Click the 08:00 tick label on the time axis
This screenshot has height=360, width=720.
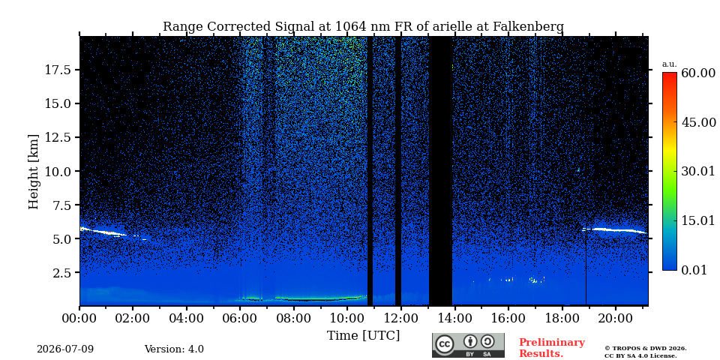coord(294,318)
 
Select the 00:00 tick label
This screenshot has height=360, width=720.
coord(80,318)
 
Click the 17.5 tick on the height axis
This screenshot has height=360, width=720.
coord(58,70)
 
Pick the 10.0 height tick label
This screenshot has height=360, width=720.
coord(58,171)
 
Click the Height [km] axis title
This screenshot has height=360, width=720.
coord(34,172)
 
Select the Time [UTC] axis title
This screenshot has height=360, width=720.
coord(363,336)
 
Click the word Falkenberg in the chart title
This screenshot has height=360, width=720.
coord(528,27)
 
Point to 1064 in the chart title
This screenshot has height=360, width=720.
coord(351,27)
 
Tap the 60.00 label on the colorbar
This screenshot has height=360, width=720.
coord(698,73)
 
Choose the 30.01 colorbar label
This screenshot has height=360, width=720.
coord(698,172)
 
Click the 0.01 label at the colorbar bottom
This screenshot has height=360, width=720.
coord(694,270)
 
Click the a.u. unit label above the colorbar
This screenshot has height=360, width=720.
coord(670,64)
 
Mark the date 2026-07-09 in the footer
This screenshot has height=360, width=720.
coord(65,349)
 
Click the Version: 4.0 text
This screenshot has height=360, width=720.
coord(174,349)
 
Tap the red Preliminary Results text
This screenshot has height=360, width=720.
coord(552,348)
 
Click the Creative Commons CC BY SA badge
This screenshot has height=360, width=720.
coord(468,345)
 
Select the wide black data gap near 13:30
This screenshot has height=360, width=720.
coord(441,171)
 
